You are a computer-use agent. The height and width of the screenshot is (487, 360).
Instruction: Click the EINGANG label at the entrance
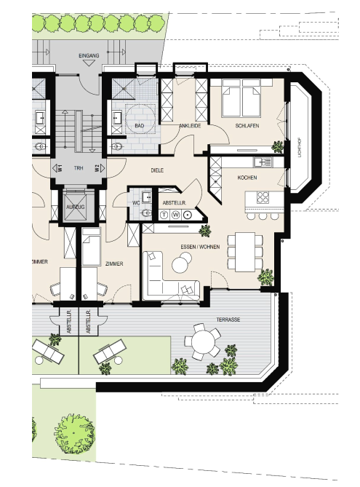pyautogui.click(x=89, y=55)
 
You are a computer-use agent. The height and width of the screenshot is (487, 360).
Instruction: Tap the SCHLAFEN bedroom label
pyautogui.click(x=247, y=126)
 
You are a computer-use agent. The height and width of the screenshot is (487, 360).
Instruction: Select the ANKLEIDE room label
pyautogui.click(x=190, y=126)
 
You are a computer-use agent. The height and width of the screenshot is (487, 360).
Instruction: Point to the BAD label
pyautogui.click(x=140, y=126)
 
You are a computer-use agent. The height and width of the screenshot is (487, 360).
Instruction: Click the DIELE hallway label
pyautogui.click(x=157, y=170)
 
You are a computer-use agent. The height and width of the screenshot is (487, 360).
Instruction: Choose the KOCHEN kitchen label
pyautogui.click(x=247, y=178)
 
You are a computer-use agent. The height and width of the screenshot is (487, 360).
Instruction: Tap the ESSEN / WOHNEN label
pyautogui.click(x=200, y=247)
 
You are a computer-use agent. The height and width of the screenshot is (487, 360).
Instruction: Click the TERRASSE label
pyautogui.click(x=228, y=320)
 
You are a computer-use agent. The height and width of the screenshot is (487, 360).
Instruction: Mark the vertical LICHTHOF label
pyautogui.click(x=300, y=148)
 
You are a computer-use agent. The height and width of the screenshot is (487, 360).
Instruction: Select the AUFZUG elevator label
pyautogui.click(x=76, y=207)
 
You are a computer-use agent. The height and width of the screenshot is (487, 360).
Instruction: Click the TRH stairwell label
pyautogui.click(x=79, y=168)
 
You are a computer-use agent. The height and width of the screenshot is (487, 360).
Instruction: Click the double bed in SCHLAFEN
pyautogui.click(x=241, y=98)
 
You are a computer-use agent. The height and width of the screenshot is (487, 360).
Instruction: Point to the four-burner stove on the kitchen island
pyautogui.click(x=263, y=197)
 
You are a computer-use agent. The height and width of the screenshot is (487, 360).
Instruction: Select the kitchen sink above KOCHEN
pyautogui.click(x=263, y=162)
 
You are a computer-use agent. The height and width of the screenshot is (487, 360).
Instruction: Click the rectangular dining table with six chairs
pyautogui.click(x=245, y=252)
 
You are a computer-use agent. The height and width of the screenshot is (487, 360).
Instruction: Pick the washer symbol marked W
pyautogui.click(x=176, y=215)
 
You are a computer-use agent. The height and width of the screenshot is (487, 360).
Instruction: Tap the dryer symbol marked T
pyautogui.click(x=164, y=215)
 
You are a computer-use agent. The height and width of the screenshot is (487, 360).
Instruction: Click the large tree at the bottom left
pyautogui.click(x=75, y=434)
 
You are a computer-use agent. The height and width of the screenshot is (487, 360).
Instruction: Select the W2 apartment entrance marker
pyautogui.click(x=100, y=168)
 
